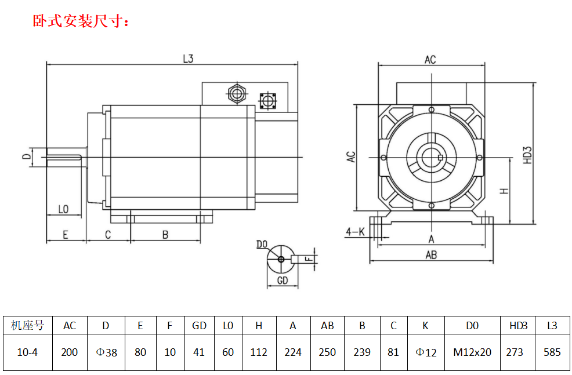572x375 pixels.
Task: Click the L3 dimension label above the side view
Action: coord(187,59)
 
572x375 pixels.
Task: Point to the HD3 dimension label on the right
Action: coord(527,154)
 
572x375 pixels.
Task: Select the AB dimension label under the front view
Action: coord(431,255)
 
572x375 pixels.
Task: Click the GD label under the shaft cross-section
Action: coord(282,281)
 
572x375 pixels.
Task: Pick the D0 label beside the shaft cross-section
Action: coord(262,245)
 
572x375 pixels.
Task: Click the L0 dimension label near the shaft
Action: coord(64,209)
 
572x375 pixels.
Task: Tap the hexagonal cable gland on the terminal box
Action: coord(236,93)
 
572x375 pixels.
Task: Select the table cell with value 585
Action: coord(552,352)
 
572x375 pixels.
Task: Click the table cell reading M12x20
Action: coord(472,352)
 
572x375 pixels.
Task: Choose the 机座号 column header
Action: coord(27,325)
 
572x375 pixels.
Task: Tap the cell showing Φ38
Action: coord(106,352)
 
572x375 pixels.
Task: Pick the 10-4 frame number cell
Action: coord(27,352)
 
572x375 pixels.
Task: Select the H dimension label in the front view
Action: coord(504,190)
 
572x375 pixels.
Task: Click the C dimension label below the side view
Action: coord(108,235)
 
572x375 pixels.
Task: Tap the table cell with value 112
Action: coord(259,352)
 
